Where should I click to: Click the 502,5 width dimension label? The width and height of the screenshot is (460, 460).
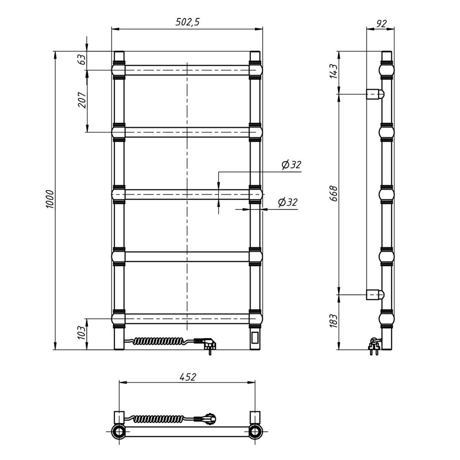tap(188, 22)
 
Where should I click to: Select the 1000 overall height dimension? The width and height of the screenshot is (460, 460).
tap(50, 200)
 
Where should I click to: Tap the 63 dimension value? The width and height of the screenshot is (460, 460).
tap(82, 59)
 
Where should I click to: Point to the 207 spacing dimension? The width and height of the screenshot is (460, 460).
tap(82, 100)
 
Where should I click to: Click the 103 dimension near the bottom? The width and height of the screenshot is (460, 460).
tap(82, 333)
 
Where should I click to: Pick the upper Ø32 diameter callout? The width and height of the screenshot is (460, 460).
tap(291, 165)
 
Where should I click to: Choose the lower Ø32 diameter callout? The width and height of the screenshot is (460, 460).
tap(287, 202)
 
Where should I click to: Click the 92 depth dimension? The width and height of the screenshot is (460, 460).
tap(381, 23)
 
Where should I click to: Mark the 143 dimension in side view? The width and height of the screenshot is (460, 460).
tap(334, 71)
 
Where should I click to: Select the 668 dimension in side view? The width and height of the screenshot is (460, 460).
tap(334, 194)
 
